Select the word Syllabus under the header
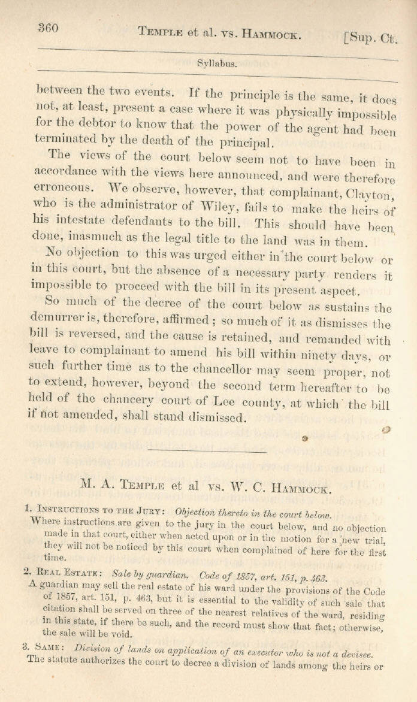pos(216,64)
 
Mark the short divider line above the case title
pos(207,452)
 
